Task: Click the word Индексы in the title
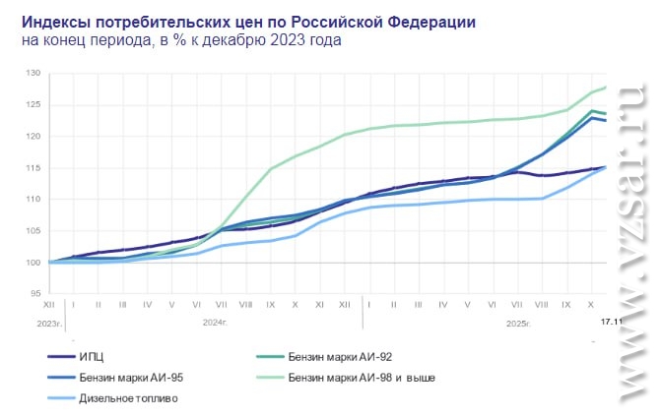point(54,21)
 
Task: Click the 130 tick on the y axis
point(33,73)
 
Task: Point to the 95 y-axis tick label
point(35,293)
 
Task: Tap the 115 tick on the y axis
point(33,167)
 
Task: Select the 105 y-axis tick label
point(33,230)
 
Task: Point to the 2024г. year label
point(215,322)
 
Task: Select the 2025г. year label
point(517,322)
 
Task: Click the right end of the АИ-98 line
point(605,88)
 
